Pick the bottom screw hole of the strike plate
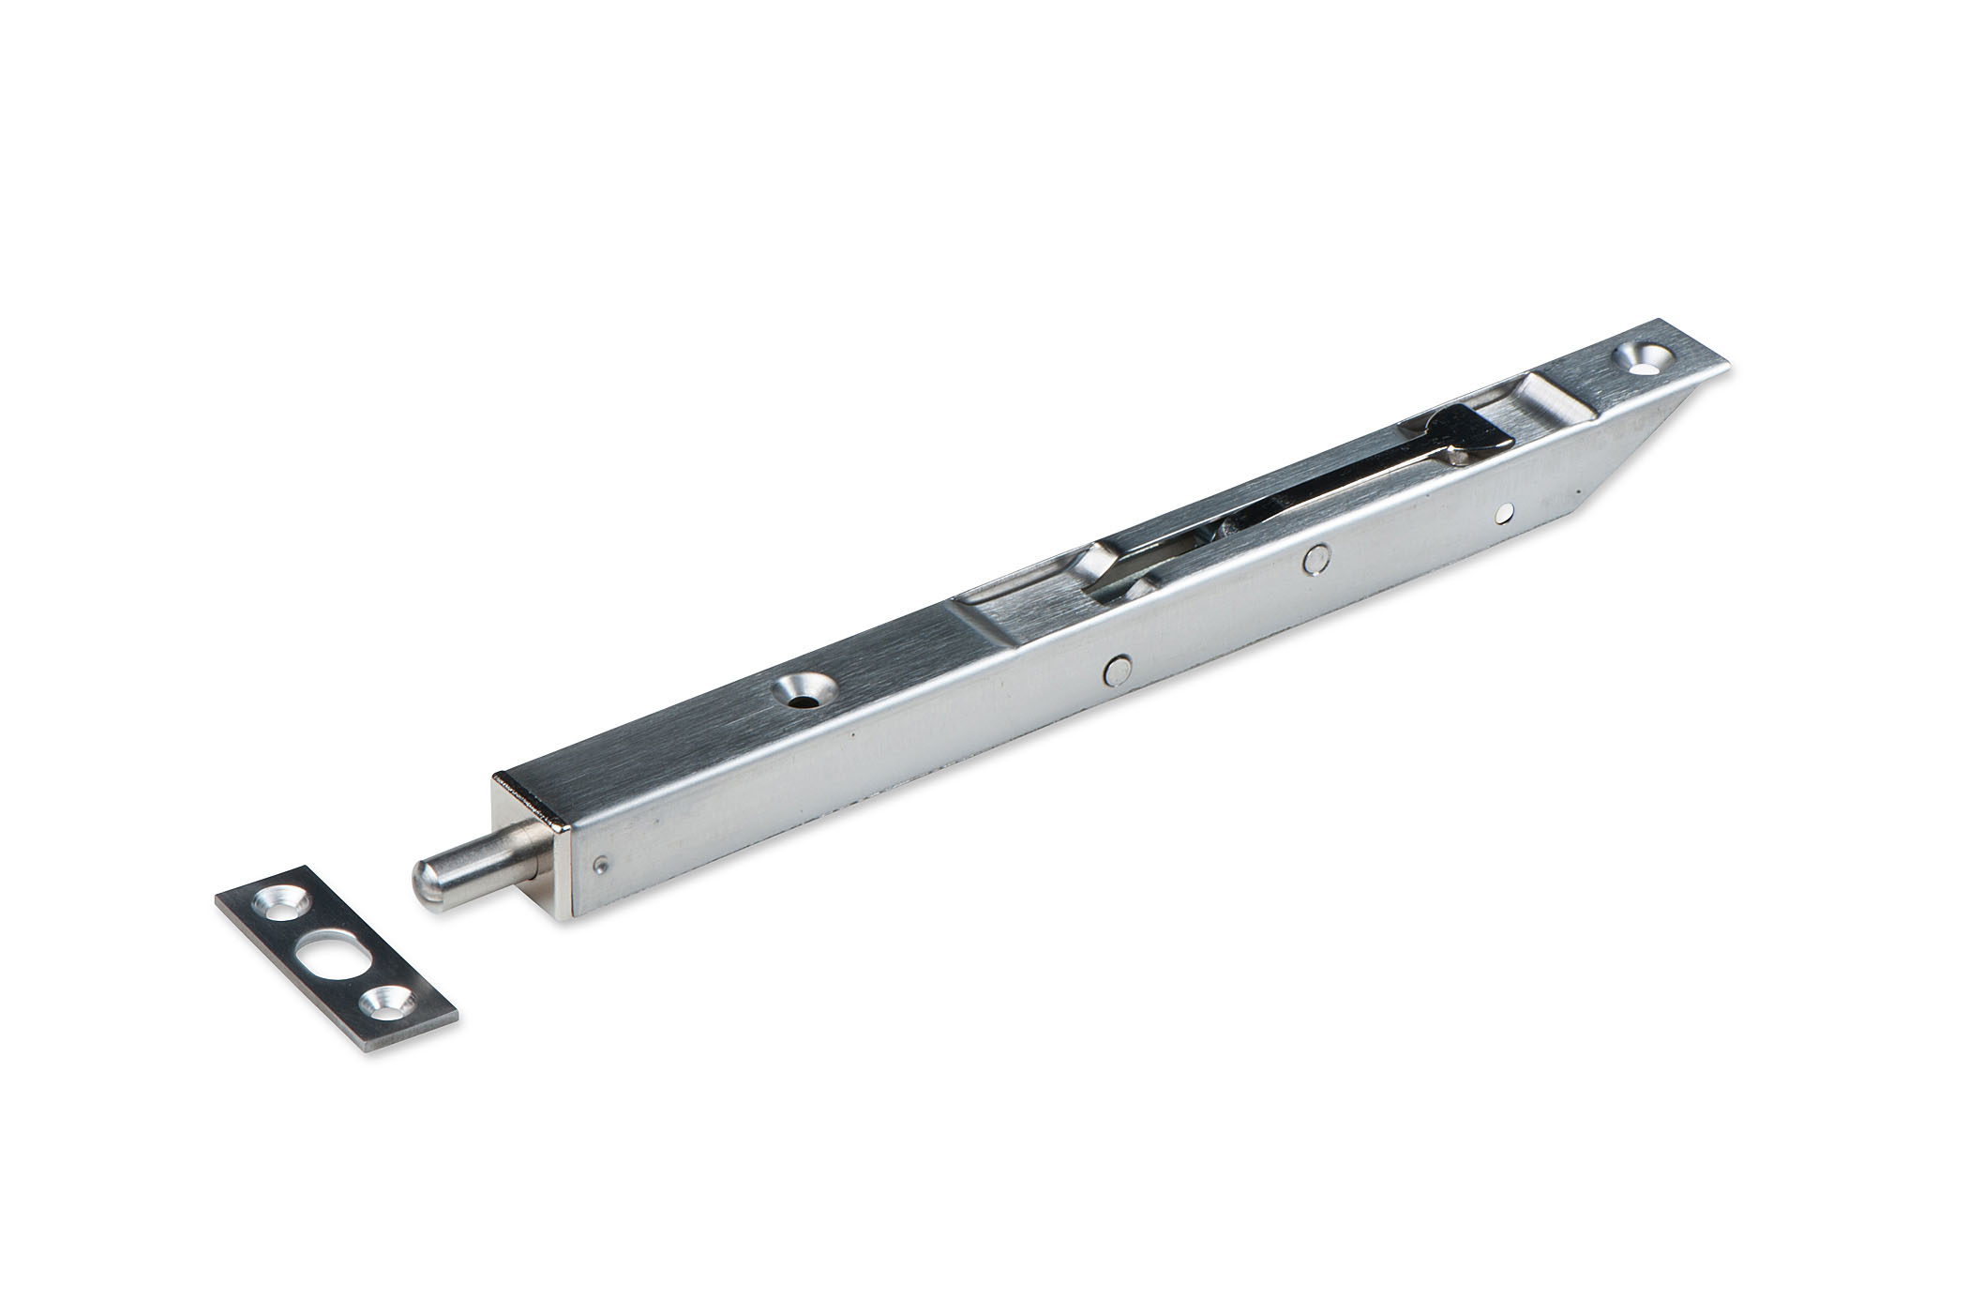(383, 1003)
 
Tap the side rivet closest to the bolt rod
(1116, 669)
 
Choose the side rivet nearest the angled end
(1504, 511)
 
